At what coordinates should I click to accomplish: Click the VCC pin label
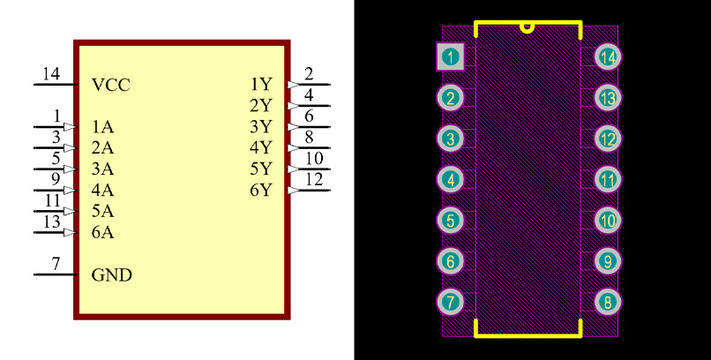[x=111, y=86]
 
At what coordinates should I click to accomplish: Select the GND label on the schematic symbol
[x=112, y=275]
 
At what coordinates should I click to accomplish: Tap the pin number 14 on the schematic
[x=51, y=74]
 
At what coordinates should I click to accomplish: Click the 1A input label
[x=102, y=127]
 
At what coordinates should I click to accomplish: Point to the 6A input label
[x=102, y=233]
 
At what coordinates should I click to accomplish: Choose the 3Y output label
[x=260, y=126]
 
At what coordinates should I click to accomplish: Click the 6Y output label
[x=260, y=190]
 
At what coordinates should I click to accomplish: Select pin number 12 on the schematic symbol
[x=313, y=179]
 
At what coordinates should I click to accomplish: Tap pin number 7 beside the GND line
[x=56, y=264]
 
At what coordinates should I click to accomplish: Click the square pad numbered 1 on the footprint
[x=451, y=57]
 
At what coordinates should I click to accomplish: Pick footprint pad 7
[x=451, y=302]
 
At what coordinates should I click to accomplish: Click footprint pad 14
[x=607, y=57]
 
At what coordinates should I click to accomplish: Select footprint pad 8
[x=607, y=302]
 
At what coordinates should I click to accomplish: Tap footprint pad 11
[x=607, y=180]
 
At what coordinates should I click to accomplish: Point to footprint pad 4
[x=451, y=180]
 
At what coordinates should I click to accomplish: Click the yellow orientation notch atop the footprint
[x=528, y=26]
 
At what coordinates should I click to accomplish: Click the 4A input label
[x=102, y=191]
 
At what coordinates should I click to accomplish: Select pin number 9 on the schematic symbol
[x=56, y=179]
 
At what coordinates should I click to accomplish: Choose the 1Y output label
[x=260, y=85]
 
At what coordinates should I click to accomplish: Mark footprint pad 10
[x=607, y=221]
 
